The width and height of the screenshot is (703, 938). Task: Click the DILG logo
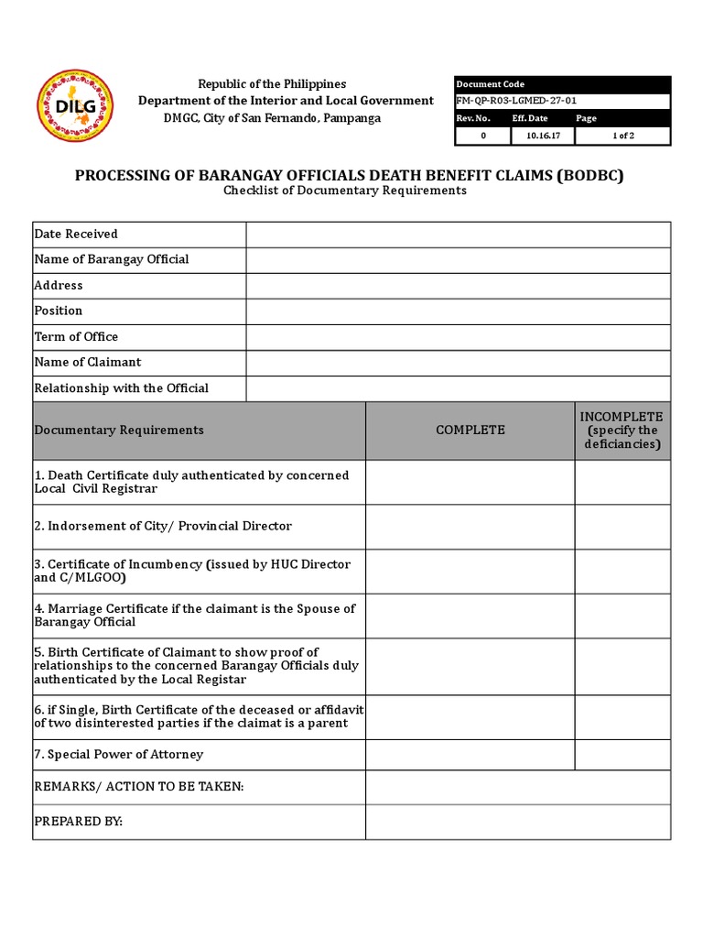[75, 108]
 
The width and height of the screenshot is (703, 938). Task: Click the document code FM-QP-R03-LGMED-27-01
[516, 102]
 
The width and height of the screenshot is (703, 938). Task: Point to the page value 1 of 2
[622, 136]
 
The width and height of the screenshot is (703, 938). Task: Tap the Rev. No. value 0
[482, 136]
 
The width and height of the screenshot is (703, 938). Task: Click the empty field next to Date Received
[458, 234]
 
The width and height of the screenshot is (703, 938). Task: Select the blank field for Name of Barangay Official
[458, 260]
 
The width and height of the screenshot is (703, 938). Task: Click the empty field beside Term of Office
[458, 337]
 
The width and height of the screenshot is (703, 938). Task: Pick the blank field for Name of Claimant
[458, 363]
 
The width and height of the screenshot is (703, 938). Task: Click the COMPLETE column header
[470, 431]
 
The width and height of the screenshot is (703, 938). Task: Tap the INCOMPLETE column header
[622, 431]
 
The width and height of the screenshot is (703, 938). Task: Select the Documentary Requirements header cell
[119, 431]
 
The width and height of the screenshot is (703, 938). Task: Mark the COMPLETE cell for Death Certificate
[470, 483]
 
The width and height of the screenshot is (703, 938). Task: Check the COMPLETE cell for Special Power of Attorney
[470, 755]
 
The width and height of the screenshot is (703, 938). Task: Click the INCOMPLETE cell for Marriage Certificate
[622, 616]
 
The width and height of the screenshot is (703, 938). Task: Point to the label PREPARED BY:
[78, 822]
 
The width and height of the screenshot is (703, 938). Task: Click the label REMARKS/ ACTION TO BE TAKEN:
[138, 788]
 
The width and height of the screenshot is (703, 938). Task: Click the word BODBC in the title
[589, 175]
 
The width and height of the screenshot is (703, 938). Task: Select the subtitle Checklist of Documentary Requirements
[345, 191]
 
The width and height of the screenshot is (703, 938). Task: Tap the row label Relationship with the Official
[121, 388]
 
